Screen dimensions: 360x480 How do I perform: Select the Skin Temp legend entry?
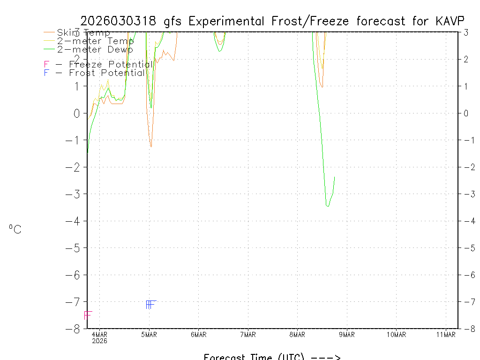[83, 33]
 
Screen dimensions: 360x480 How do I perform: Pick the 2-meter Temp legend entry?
[95, 41]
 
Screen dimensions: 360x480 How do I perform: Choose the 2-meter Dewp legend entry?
[95, 49]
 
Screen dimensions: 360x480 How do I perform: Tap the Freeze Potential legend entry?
[98, 64]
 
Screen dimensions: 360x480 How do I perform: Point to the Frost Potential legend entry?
[94, 73]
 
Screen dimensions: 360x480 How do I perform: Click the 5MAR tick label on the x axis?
[149, 334]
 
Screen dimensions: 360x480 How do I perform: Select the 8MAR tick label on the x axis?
[297, 334]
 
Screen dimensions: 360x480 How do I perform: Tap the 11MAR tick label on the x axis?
[446, 334]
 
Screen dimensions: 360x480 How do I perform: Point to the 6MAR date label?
[198, 334]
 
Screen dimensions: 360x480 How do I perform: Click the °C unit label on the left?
[15, 229]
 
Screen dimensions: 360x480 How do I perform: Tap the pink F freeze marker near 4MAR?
[88, 315]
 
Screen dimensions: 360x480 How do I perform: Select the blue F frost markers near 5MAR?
[150, 305]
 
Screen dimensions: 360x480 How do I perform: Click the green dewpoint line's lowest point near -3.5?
[328, 206]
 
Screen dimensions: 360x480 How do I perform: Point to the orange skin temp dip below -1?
[151, 146]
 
